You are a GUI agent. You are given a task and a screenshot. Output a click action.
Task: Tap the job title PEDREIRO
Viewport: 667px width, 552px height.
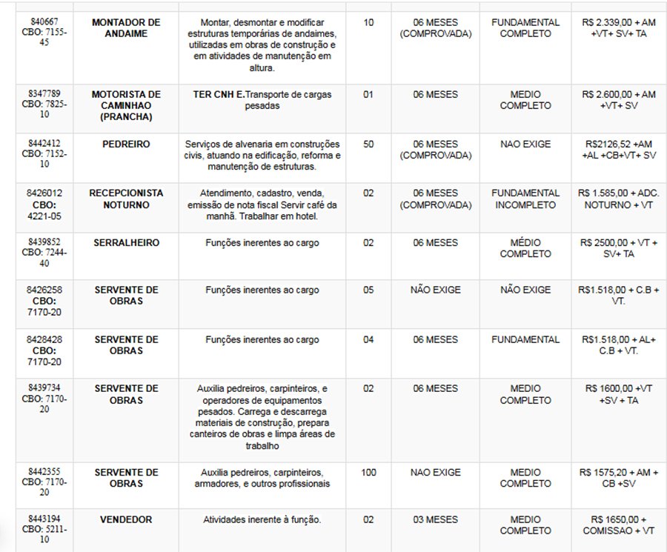(125, 144)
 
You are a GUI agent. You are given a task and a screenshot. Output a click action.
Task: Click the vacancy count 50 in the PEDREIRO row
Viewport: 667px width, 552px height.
(368, 144)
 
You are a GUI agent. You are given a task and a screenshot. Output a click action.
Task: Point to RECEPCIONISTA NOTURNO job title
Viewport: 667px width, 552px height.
(125, 199)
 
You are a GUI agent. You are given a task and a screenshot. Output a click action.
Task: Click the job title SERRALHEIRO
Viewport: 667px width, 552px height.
(125, 242)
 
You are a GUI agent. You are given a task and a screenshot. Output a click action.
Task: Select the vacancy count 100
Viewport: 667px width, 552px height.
(368, 472)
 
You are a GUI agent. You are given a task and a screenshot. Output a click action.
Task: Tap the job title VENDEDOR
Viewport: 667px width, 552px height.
(125, 519)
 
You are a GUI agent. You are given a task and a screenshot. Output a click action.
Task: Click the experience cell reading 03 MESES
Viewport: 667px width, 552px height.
(435, 519)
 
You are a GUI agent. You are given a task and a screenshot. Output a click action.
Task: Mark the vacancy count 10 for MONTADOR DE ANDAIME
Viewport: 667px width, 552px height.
(368, 23)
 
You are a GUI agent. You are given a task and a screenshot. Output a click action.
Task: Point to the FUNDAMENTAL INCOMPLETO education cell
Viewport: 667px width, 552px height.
(525, 199)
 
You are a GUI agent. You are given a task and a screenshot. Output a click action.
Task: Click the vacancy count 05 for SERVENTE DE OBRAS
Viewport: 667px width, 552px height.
(368, 290)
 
